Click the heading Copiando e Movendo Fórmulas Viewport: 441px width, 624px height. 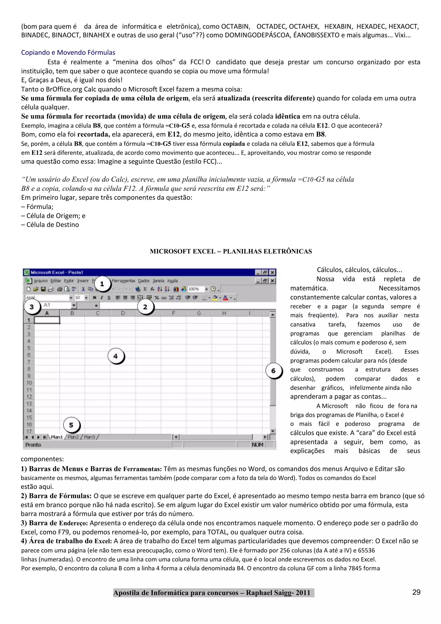68,52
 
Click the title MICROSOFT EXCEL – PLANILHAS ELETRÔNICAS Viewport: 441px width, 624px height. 231,251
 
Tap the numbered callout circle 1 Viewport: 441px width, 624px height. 102,284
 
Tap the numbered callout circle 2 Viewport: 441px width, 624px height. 145,307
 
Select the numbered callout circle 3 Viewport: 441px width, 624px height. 32,307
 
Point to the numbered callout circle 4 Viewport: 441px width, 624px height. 116,356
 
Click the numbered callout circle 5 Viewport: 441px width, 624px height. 71,425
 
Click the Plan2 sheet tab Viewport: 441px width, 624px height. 73,437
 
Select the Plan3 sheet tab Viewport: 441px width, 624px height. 89,437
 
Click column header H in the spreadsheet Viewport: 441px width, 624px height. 224,313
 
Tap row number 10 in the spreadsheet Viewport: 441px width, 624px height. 29,383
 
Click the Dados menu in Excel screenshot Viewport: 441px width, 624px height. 144,281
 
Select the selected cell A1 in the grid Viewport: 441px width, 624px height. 47,320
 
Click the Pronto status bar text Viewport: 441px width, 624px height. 33,445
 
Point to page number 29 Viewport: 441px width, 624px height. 416,592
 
